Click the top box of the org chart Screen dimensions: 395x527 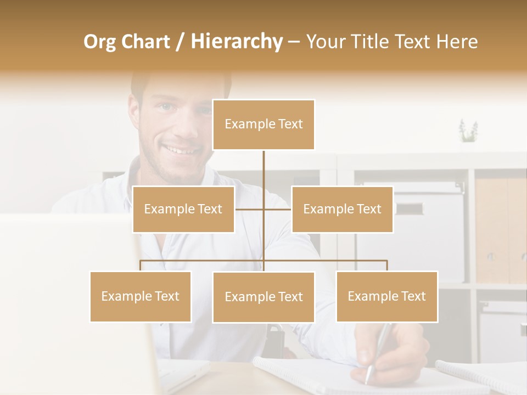coord(263,125)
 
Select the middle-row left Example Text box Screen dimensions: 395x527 coord(183,209)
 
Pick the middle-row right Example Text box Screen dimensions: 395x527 coord(342,209)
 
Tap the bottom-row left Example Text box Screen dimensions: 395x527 coord(141,296)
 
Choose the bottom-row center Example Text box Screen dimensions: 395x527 coord(263,297)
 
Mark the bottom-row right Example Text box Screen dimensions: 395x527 coord(386,296)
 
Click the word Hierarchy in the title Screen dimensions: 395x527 coord(237,41)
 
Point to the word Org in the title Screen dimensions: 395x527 coord(99,41)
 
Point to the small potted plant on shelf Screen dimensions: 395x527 coord(468,132)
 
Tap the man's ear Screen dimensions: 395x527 coord(134,112)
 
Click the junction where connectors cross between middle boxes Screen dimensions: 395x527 coord(263,209)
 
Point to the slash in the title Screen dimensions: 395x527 coord(179,41)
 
